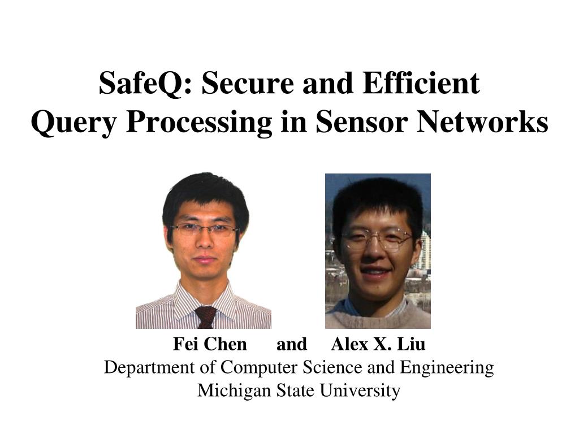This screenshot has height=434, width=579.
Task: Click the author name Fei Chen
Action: coord(210,344)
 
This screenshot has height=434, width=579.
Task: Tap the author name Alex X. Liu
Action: coord(378,344)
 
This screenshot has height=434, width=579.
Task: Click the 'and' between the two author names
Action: coord(291,344)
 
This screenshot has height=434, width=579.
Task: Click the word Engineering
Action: coord(447,368)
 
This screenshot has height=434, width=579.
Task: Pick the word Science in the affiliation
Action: coord(332,368)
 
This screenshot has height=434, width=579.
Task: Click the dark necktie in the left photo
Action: coord(205,317)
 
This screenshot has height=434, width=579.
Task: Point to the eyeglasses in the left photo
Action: coord(205,229)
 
